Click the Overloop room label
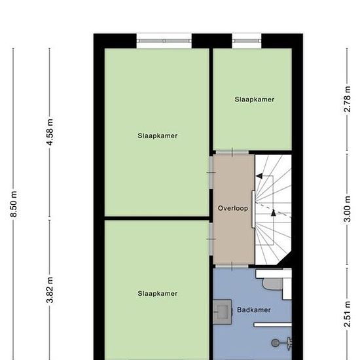tap(232, 208)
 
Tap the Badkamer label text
tap(254, 310)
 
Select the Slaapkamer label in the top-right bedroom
tap(254, 99)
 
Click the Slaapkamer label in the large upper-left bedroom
tap(158, 135)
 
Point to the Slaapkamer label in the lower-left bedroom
tap(158, 294)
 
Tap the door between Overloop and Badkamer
tap(232, 266)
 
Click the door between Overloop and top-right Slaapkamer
tap(232, 153)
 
